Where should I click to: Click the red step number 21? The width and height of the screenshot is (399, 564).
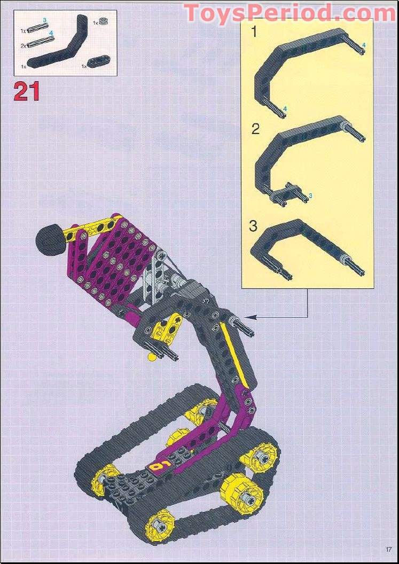[x=27, y=91]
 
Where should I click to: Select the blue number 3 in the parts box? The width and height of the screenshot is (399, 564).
[x=45, y=20]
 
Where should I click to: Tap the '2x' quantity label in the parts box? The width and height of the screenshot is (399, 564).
[x=24, y=46]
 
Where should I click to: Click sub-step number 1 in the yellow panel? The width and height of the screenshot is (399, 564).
[x=254, y=33]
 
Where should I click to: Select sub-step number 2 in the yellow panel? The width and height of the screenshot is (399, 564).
[x=255, y=129]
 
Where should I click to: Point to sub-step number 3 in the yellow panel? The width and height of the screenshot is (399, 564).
[x=253, y=225]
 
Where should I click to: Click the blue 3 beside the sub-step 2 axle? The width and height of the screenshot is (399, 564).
[x=310, y=196]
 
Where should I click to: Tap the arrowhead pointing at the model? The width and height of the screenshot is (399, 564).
[x=251, y=317]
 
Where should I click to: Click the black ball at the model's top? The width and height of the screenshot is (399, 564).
[x=48, y=240]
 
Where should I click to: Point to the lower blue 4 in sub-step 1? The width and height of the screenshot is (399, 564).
[x=285, y=108]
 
